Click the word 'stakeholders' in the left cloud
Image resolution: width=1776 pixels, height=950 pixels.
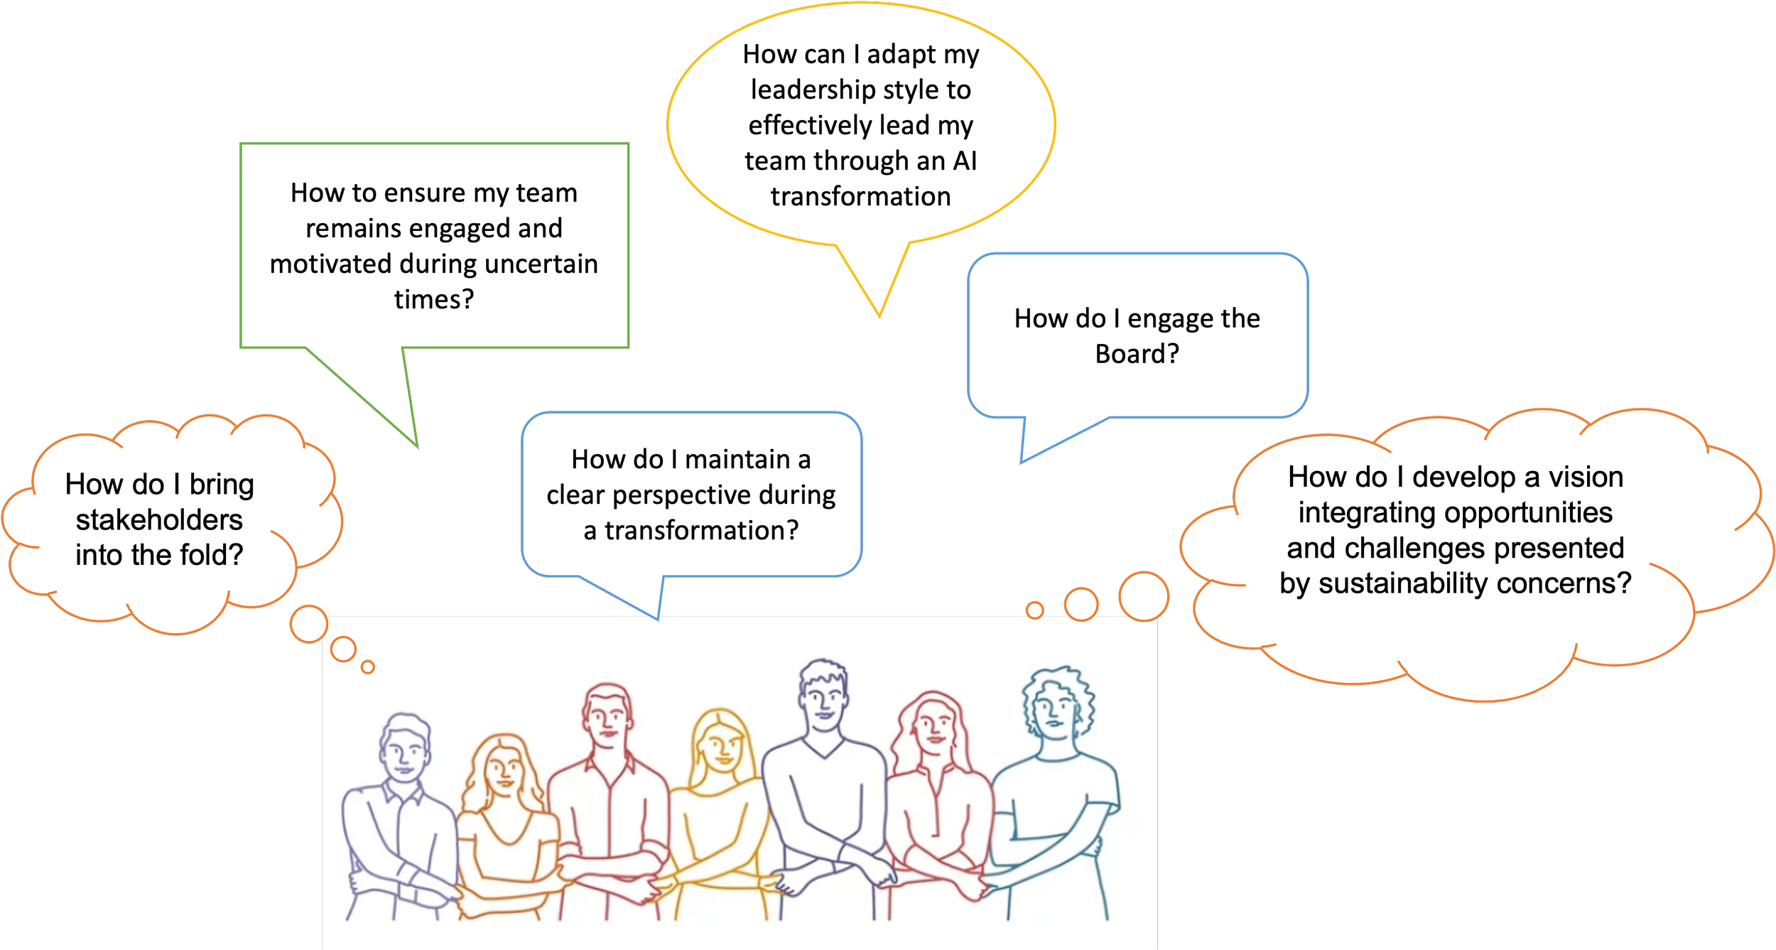(159, 520)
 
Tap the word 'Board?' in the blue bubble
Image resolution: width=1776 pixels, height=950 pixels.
(1137, 354)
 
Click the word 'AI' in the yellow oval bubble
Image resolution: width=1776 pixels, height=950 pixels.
(965, 161)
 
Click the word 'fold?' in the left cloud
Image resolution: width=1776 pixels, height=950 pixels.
(210, 555)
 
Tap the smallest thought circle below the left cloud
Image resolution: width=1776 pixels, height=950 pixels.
(367, 666)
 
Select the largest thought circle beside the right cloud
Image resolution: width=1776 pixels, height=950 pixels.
(1143, 596)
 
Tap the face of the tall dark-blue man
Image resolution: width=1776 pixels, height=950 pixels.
(823, 699)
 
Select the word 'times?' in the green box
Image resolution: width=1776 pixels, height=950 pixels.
(434, 300)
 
